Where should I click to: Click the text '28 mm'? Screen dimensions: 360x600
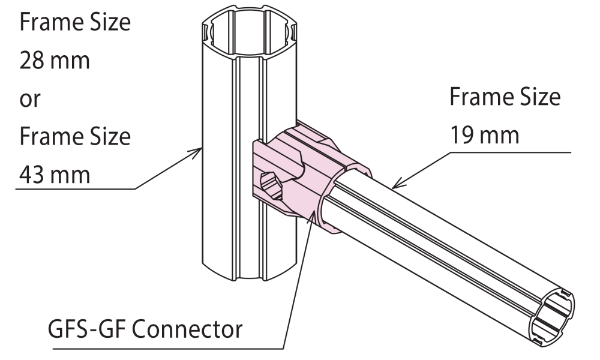pyautogui.click(x=55, y=61)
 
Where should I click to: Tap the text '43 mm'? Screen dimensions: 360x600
pyautogui.click(x=55, y=175)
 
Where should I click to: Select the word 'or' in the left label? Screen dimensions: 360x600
pyautogui.click(x=31, y=100)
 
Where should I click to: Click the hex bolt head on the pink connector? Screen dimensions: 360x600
pyautogui.click(x=271, y=181)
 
